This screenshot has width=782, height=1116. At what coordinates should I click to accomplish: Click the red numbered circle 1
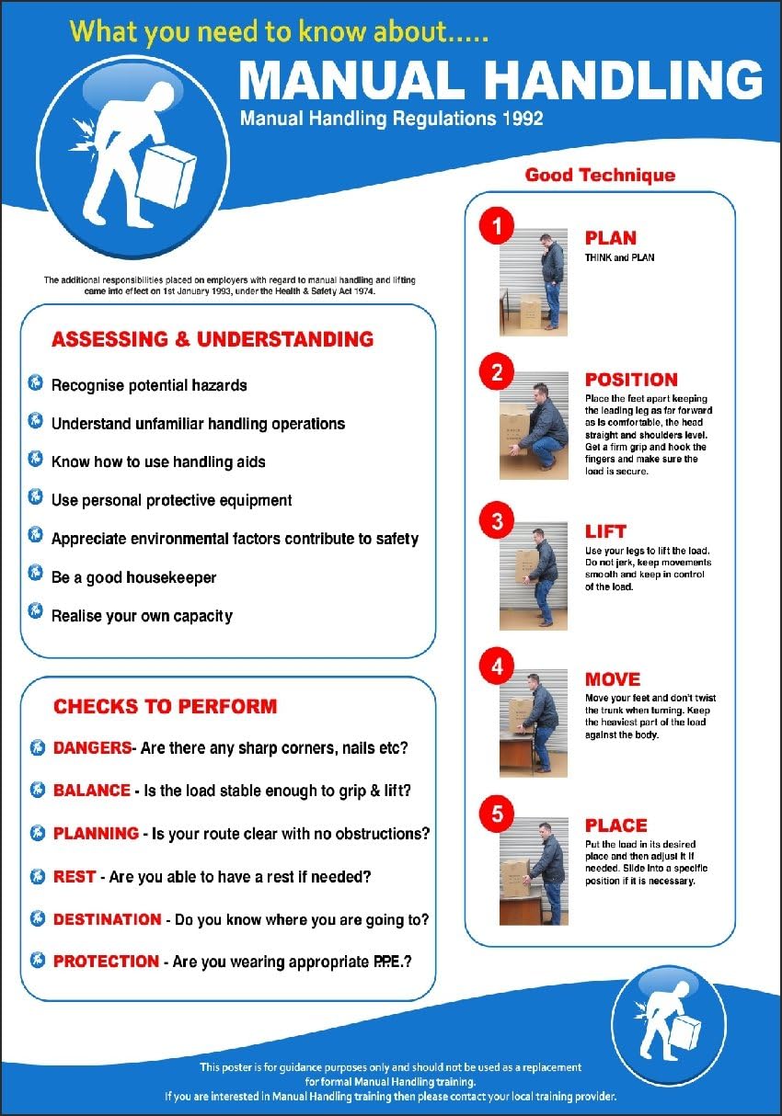point(498,226)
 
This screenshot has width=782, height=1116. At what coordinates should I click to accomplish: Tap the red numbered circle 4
point(498,666)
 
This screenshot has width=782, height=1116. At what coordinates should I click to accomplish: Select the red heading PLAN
point(611,238)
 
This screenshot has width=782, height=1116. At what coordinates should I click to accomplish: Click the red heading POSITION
point(631,380)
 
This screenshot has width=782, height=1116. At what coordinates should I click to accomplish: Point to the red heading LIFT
point(605,531)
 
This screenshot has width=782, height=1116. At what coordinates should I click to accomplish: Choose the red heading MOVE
point(613,679)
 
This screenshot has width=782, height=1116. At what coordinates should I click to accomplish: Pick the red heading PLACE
point(616,826)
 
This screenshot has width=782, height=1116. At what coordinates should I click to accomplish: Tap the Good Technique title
point(600,175)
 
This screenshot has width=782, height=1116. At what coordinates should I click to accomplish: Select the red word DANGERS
point(92,747)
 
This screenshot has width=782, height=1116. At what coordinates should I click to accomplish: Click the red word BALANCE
point(92,791)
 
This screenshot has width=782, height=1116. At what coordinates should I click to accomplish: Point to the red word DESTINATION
point(107,919)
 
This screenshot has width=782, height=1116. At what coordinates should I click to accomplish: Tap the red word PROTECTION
point(106,962)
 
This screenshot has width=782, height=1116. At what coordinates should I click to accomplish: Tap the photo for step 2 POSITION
point(534,426)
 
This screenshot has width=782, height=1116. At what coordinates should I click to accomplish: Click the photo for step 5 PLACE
point(534,872)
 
